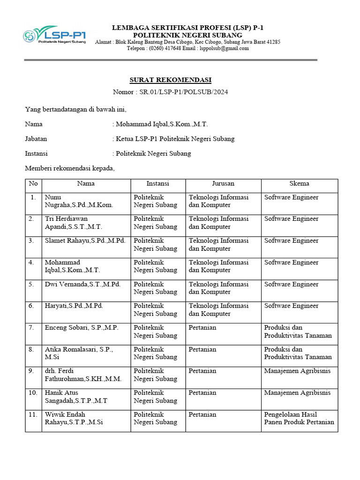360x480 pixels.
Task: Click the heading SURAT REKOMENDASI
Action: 171,80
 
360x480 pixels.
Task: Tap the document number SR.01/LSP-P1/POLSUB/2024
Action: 184,92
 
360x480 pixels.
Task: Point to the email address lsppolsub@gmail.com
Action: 224,48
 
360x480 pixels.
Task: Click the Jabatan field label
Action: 36,139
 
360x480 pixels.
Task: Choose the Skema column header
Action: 299,184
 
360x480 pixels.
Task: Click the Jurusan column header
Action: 223,184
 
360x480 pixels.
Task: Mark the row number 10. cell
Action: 33,393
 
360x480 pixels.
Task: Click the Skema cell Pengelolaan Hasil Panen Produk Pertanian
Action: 299,418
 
